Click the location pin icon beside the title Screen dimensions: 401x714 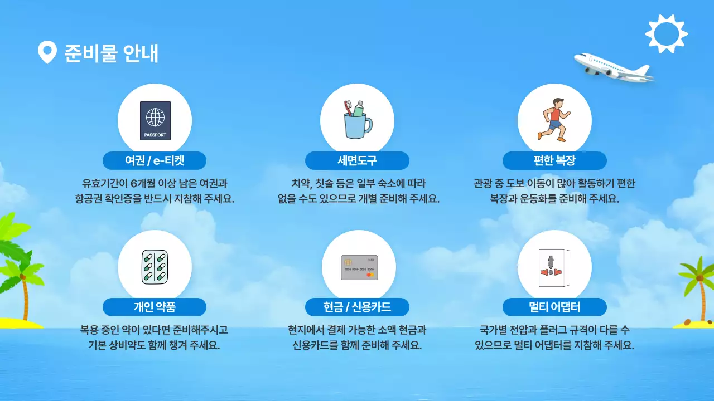pyautogui.click(x=47, y=52)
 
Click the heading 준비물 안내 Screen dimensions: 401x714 pyautogui.click(x=112, y=53)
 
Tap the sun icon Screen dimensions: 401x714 pyautogui.click(x=666, y=34)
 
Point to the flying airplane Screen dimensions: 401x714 pyautogui.click(x=614, y=67)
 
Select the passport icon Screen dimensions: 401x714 pyautogui.click(x=155, y=120)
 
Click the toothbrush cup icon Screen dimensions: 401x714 pyautogui.click(x=357, y=119)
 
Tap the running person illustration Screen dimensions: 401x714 pyautogui.click(x=554, y=119)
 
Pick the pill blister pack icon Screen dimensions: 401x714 pyautogui.click(x=155, y=267)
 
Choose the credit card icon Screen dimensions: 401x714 pyautogui.click(x=359, y=267)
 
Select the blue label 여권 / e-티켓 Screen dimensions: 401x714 pyautogui.click(x=155, y=161)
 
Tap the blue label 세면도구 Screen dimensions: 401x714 pyautogui.click(x=357, y=161)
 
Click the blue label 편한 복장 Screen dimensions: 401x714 pyautogui.click(x=554, y=161)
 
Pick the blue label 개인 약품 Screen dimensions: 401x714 pyautogui.click(x=155, y=307)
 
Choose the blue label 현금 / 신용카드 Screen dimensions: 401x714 pyautogui.click(x=357, y=307)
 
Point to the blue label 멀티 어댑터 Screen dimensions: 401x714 pyautogui.click(x=554, y=307)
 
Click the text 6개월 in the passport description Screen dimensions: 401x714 pyautogui.click(x=143, y=183)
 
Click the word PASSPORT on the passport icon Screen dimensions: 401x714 pyautogui.click(x=155, y=135)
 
